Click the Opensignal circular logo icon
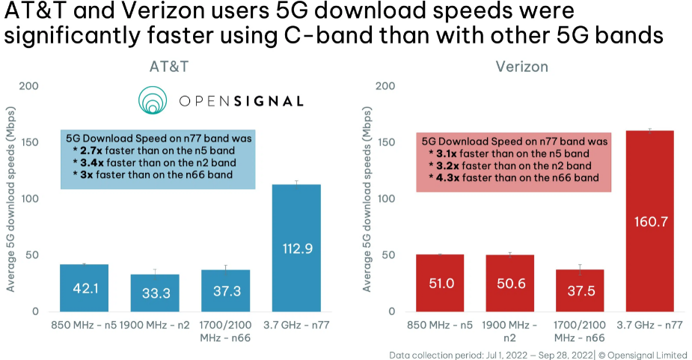point(153,100)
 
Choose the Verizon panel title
point(521,67)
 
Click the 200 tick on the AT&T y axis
point(30,86)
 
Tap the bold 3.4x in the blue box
point(88,162)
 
